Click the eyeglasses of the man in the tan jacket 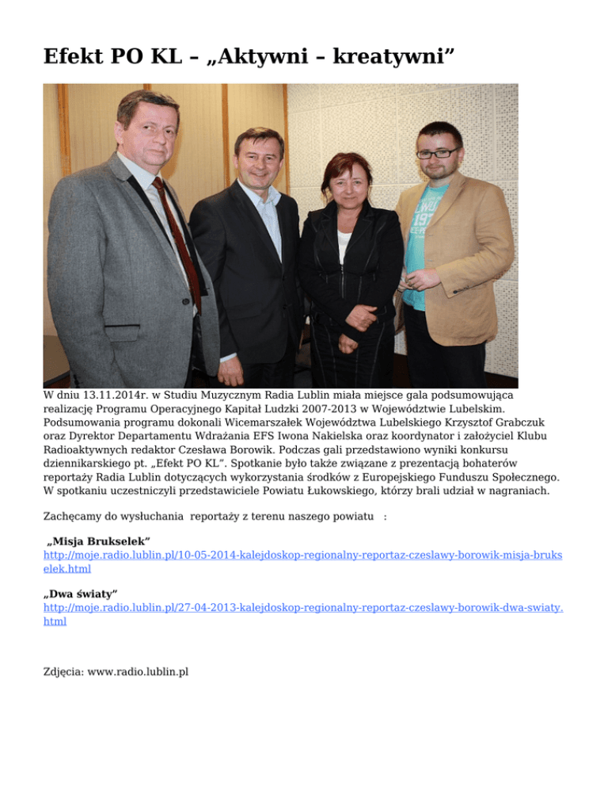coord(437,152)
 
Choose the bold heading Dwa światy coord(82,593)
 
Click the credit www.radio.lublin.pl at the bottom coord(138,671)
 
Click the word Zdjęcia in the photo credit coord(63,671)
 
